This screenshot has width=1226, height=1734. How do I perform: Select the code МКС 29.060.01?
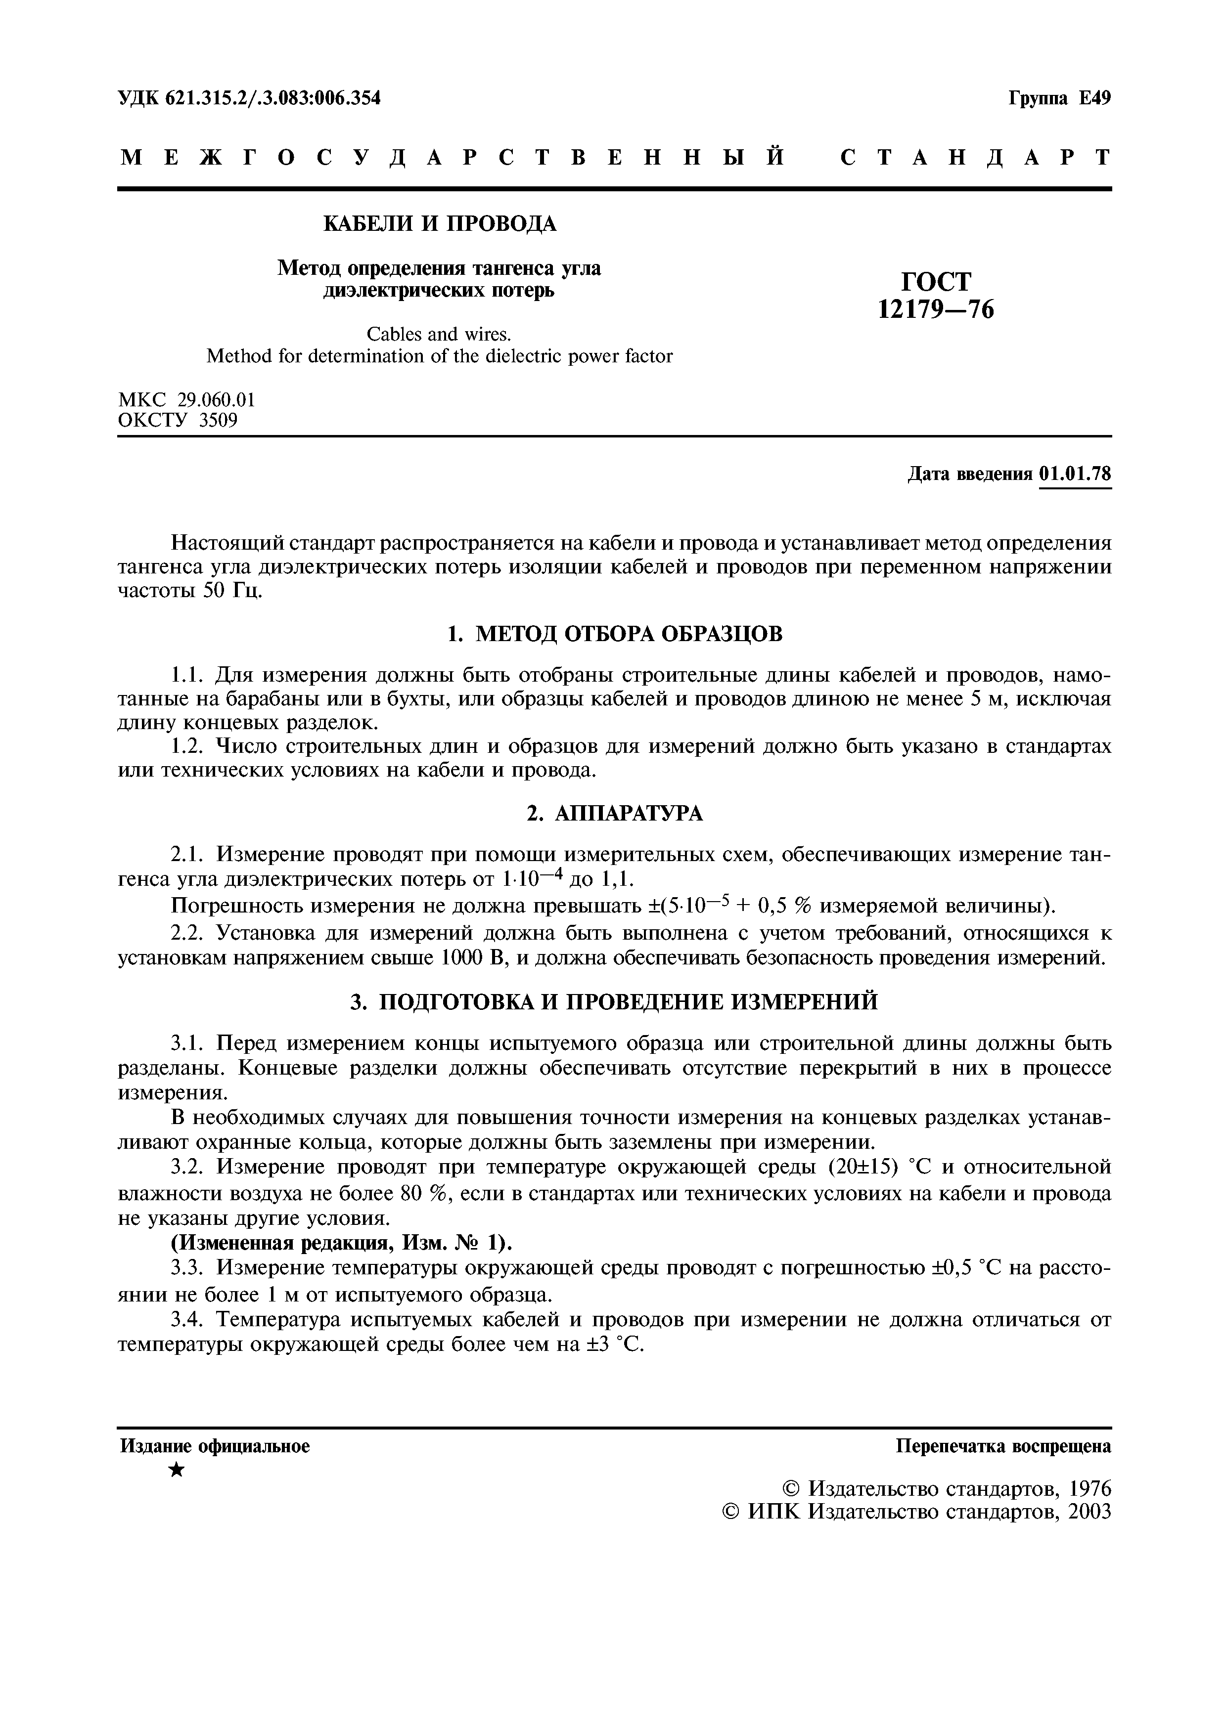186,399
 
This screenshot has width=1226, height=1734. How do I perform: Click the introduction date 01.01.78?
1075,474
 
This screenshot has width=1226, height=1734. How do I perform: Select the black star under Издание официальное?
176,1471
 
